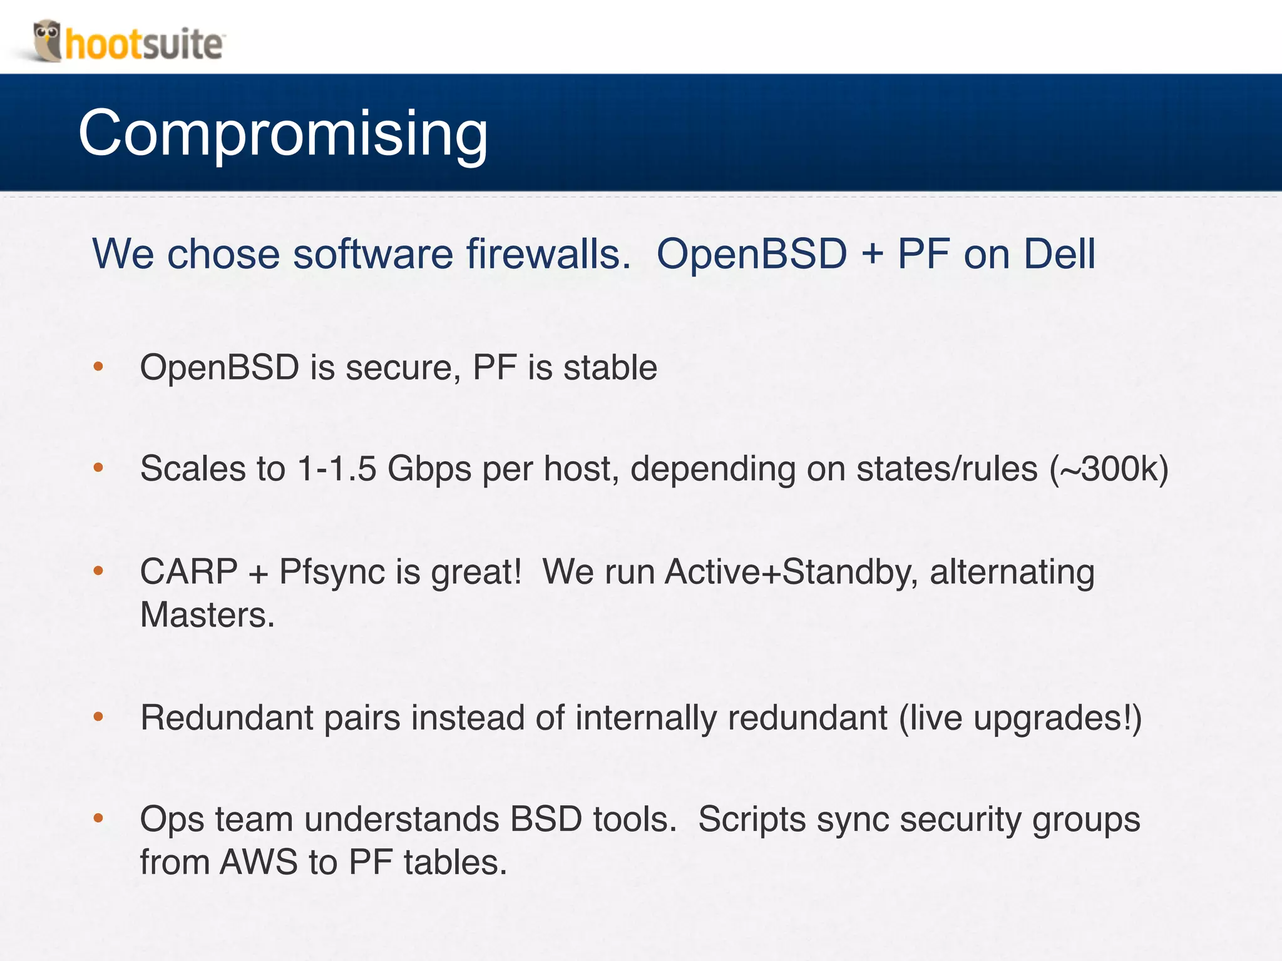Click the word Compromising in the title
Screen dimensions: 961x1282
click(x=283, y=133)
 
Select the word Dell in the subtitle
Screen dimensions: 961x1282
click(x=1059, y=254)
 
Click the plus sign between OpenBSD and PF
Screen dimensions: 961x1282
click(x=872, y=255)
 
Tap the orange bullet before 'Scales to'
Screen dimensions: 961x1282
click(x=98, y=468)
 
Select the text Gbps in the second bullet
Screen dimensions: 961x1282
click(x=429, y=469)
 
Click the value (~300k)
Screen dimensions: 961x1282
click(x=1109, y=469)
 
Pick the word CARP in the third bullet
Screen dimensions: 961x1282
click(x=188, y=572)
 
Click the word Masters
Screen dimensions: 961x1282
click(x=207, y=615)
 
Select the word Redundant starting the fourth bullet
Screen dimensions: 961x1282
click(x=226, y=718)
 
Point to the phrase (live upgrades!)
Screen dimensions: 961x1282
click(x=1020, y=718)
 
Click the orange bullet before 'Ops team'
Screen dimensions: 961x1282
click(x=98, y=818)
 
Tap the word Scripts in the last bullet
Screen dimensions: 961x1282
click(x=752, y=820)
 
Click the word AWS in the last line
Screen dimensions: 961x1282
click(x=259, y=862)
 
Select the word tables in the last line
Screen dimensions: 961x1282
click(x=454, y=862)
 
